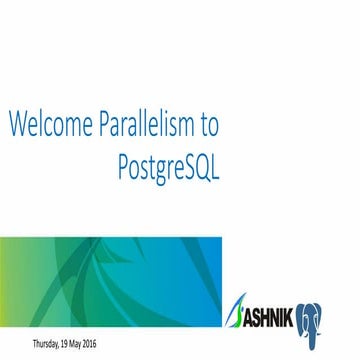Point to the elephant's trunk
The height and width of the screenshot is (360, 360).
335,323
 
